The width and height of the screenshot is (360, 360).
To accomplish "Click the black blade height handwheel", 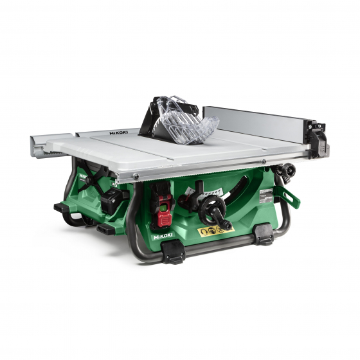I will point(212,208).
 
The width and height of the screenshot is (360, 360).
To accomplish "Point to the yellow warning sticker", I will point(216,230).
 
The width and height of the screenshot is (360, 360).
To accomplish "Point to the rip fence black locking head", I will point(316,136).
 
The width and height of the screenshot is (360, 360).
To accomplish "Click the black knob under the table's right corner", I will point(287,170).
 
